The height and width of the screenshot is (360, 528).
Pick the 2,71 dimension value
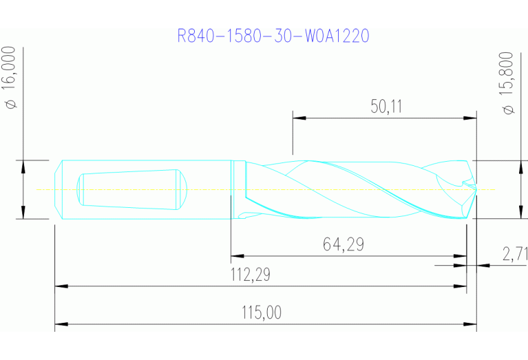point(514,254)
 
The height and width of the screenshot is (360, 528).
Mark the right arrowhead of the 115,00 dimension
point(472,323)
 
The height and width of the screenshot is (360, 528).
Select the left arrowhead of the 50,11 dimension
point(297,118)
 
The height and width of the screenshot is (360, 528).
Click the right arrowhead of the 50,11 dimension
point(472,118)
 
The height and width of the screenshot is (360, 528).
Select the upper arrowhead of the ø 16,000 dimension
point(23,165)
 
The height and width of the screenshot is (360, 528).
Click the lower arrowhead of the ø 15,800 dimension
point(518,214)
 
